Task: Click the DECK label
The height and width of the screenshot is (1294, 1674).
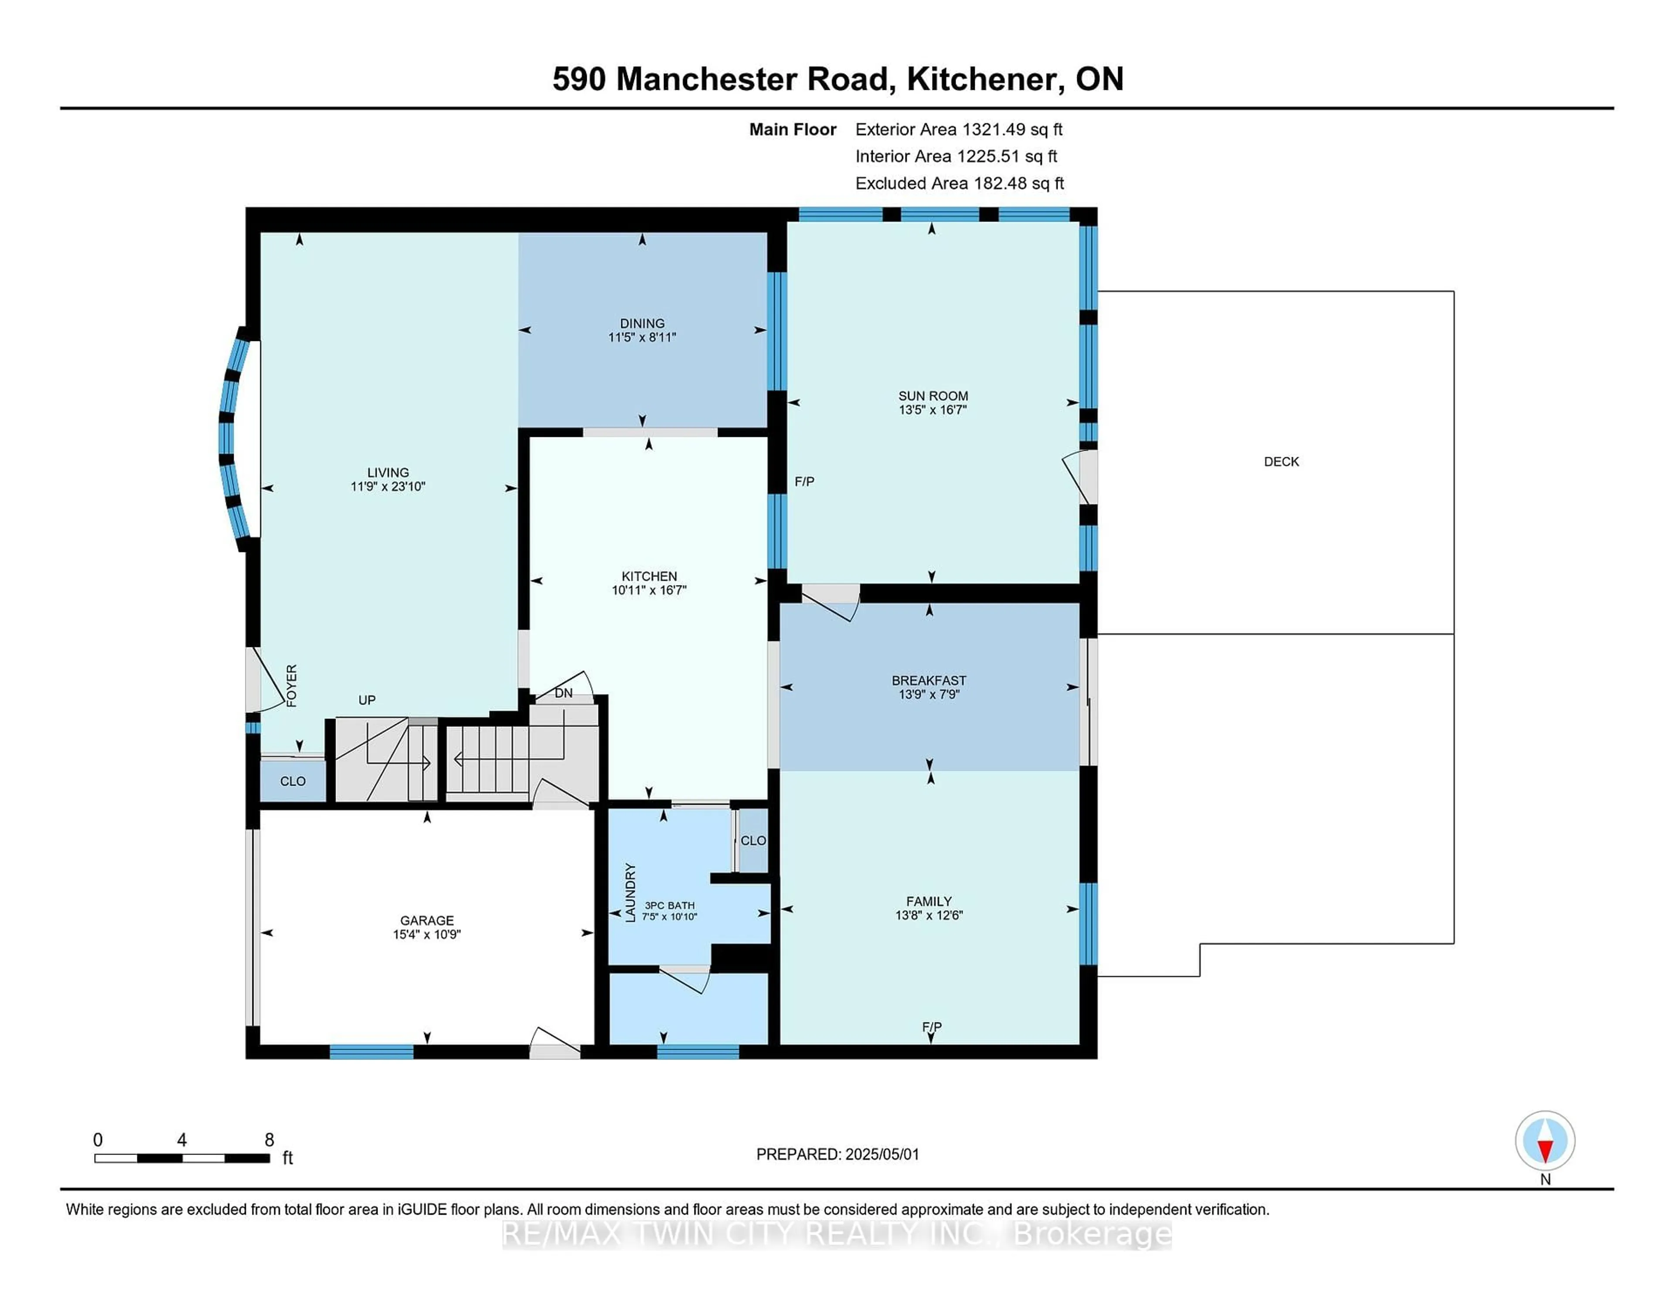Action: pyautogui.click(x=1281, y=461)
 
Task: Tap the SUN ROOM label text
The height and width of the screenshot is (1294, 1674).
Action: pyautogui.click(x=933, y=395)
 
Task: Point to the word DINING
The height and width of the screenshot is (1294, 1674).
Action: pyautogui.click(x=642, y=323)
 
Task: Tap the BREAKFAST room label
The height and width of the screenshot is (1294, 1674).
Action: pyautogui.click(x=929, y=681)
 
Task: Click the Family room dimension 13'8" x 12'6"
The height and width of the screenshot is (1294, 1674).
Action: pyautogui.click(x=929, y=915)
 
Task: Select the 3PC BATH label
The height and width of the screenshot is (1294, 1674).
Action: pyautogui.click(x=669, y=906)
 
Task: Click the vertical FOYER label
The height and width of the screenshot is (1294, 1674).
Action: pyautogui.click(x=291, y=685)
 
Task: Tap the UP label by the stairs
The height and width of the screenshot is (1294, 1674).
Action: pyautogui.click(x=367, y=700)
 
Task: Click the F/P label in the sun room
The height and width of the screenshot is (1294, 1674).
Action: pyautogui.click(x=804, y=481)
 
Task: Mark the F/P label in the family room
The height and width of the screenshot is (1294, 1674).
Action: pyautogui.click(x=932, y=1026)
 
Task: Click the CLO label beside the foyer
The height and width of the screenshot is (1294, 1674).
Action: pyautogui.click(x=293, y=781)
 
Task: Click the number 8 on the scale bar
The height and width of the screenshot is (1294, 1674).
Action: pyautogui.click(x=269, y=1140)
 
